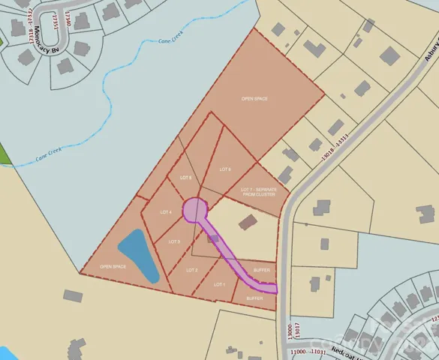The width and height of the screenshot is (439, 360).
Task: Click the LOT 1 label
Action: click(219, 284)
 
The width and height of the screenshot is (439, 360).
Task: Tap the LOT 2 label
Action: click(191, 269)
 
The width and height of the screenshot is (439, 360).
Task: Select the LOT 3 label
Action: click(174, 241)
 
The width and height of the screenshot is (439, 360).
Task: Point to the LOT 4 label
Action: click(166, 212)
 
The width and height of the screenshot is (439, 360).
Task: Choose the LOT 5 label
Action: click(186, 177)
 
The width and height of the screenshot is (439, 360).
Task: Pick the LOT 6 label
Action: click(225, 169)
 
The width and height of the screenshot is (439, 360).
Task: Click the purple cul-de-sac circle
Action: click(194, 209)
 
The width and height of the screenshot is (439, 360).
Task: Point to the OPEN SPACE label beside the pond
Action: click(113, 266)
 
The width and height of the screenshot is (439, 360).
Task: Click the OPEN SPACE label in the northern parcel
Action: click(254, 98)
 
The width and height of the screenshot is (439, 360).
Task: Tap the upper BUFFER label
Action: click(261, 269)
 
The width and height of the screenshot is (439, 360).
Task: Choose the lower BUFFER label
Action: click(256, 298)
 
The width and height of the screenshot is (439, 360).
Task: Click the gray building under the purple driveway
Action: click(213, 238)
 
